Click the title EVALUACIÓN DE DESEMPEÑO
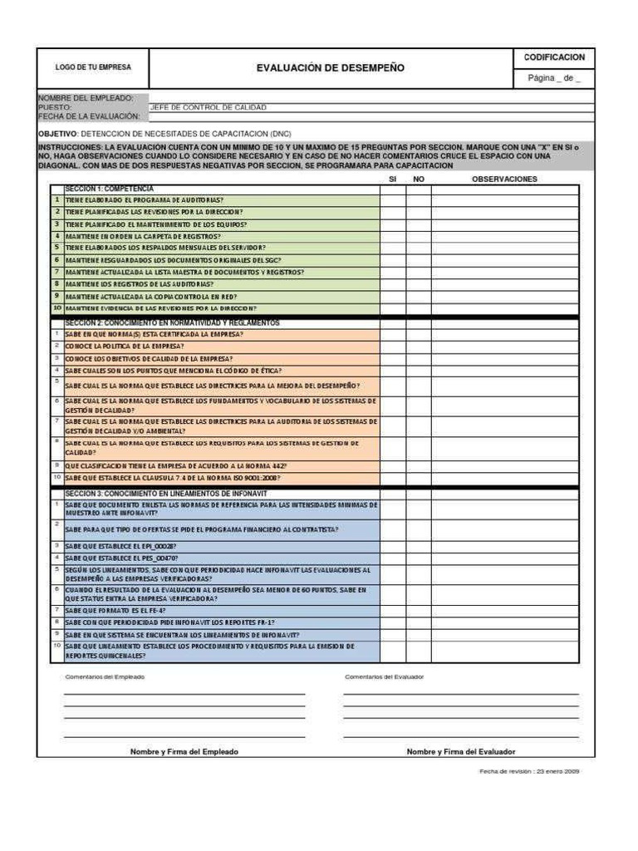331,68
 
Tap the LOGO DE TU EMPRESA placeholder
93,67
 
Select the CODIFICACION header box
554,57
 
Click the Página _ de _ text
554,79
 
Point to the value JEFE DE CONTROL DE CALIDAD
208,107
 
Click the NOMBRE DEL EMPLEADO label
86,98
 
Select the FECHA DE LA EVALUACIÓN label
89,116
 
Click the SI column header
393,179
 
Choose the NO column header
419,179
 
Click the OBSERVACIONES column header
504,179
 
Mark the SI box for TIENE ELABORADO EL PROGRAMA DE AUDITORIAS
393,200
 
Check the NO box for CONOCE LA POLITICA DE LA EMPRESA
419,346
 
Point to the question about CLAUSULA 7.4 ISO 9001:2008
172,478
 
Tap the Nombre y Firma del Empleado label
184,751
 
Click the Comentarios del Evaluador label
384,676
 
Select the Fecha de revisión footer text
529,771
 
